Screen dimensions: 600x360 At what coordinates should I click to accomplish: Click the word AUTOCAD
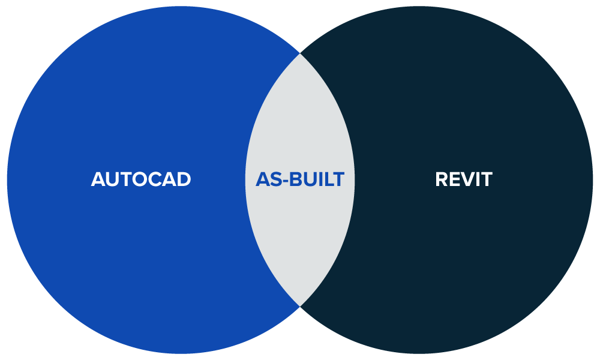(x=141, y=179)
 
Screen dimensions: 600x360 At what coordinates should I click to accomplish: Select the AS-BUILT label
(x=300, y=179)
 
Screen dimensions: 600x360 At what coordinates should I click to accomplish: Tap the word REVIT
(x=463, y=179)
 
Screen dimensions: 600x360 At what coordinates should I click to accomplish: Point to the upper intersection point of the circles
(x=300, y=53)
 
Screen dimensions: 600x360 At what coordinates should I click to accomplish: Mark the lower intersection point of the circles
(x=300, y=307)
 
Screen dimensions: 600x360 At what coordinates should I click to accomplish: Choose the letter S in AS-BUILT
(x=276, y=179)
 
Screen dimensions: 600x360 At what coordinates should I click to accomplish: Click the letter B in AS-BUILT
(x=296, y=179)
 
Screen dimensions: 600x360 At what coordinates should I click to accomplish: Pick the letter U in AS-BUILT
(x=309, y=179)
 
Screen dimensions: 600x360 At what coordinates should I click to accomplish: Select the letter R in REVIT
(x=442, y=179)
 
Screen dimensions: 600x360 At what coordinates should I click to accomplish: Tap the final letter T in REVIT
(x=487, y=179)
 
